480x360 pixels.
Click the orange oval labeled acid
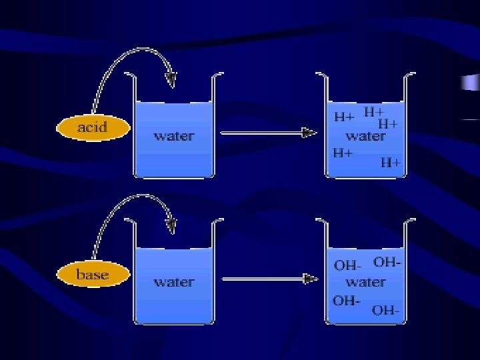(x=93, y=127)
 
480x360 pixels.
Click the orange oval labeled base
(x=93, y=274)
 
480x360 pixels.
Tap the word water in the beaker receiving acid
(x=174, y=136)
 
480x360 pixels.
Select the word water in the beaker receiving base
(x=174, y=282)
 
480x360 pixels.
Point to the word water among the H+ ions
(x=365, y=136)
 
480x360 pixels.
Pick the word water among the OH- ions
(x=365, y=282)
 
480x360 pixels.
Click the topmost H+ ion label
(x=374, y=112)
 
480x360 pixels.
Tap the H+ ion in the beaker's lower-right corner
(x=391, y=162)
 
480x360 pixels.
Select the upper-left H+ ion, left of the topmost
(x=344, y=117)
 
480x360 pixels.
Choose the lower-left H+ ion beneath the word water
(x=343, y=153)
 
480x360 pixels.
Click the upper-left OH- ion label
(x=347, y=265)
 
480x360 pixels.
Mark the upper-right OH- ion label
(x=387, y=261)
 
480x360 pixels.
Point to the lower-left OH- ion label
(x=346, y=300)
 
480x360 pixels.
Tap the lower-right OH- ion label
(x=386, y=310)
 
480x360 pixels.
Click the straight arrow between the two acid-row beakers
(x=267, y=133)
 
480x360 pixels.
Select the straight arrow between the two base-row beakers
(x=267, y=279)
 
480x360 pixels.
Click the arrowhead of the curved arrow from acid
(x=172, y=80)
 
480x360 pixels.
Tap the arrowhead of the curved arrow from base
(x=172, y=225)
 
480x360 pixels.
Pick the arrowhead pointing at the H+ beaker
(x=309, y=133)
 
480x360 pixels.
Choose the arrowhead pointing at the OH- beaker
(x=309, y=279)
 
